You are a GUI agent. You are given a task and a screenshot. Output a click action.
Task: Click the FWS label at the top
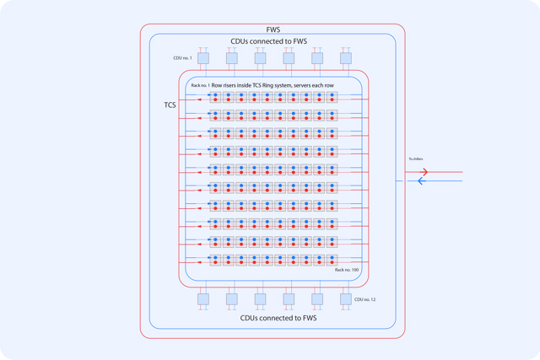[x=273, y=29]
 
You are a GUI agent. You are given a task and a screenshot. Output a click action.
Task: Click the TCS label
[x=170, y=105]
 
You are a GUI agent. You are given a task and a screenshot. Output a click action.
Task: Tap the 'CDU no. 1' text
[x=182, y=58]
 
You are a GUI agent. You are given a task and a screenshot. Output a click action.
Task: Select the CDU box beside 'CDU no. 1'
[x=203, y=58]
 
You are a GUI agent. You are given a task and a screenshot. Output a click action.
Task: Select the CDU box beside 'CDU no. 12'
[x=345, y=299]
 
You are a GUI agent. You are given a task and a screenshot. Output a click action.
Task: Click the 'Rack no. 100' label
[x=347, y=270]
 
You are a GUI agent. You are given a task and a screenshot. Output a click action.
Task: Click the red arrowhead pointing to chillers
[x=424, y=172]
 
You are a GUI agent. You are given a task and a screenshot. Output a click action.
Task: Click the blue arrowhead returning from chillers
[x=422, y=181]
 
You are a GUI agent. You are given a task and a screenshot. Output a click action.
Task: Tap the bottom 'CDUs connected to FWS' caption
[x=278, y=318]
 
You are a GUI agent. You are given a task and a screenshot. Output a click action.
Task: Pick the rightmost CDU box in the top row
[x=345, y=58]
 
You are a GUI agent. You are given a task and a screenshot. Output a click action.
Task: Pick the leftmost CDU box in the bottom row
[x=203, y=299]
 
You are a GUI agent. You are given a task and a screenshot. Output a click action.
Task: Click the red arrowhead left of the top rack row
[x=199, y=100]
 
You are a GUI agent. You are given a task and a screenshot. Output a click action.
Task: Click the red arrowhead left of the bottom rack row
[x=199, y=263]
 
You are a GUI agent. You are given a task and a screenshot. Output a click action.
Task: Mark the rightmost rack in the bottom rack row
[x=332, y=260]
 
